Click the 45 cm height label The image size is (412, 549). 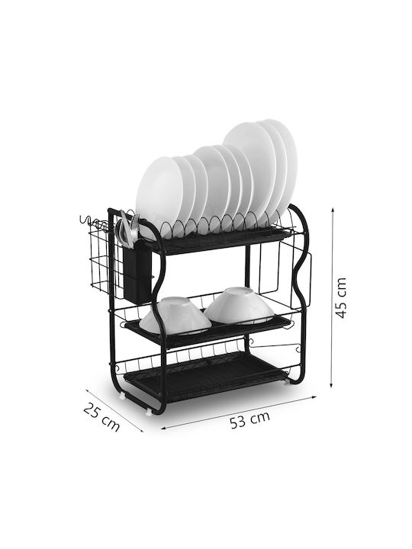click(341, 297)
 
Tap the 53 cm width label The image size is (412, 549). click(249, 419)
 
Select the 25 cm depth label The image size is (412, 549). click(102, 417)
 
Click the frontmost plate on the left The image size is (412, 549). click(159, 196)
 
